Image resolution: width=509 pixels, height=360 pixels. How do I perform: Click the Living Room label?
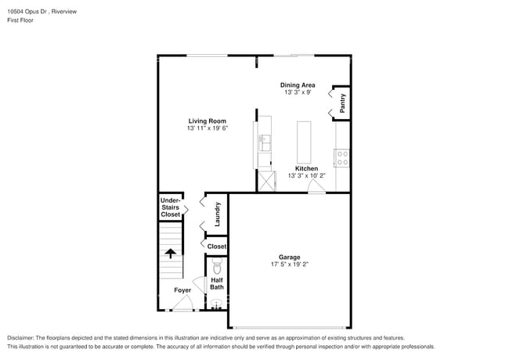(207, 121)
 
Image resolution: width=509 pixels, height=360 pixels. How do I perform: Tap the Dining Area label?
(298, 85)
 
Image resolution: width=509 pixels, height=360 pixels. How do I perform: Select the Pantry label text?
(343, 103)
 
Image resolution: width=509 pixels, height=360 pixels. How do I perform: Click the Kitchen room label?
(306, 169)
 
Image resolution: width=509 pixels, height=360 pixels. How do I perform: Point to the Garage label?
(290, 257)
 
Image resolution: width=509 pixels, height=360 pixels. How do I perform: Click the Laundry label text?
(218, 214)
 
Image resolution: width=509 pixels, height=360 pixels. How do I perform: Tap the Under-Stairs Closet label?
(170, 207)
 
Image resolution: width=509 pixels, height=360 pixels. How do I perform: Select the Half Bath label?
(217, 283)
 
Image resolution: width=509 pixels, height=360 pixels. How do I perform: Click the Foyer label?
(182, 290)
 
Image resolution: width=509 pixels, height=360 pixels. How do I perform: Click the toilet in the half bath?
(217, 267)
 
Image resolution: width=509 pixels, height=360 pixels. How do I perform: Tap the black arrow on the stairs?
(170, 252)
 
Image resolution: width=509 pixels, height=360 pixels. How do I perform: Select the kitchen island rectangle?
(304, 142)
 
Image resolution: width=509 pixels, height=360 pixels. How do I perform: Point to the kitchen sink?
(265, 142)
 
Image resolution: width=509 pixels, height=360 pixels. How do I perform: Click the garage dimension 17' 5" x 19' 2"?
(290, 265)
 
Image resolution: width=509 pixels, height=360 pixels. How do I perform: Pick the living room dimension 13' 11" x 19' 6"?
(207, 129)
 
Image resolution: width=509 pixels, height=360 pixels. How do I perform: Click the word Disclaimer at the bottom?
(23, 338)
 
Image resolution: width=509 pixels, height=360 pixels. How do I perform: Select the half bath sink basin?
(215, 304)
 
